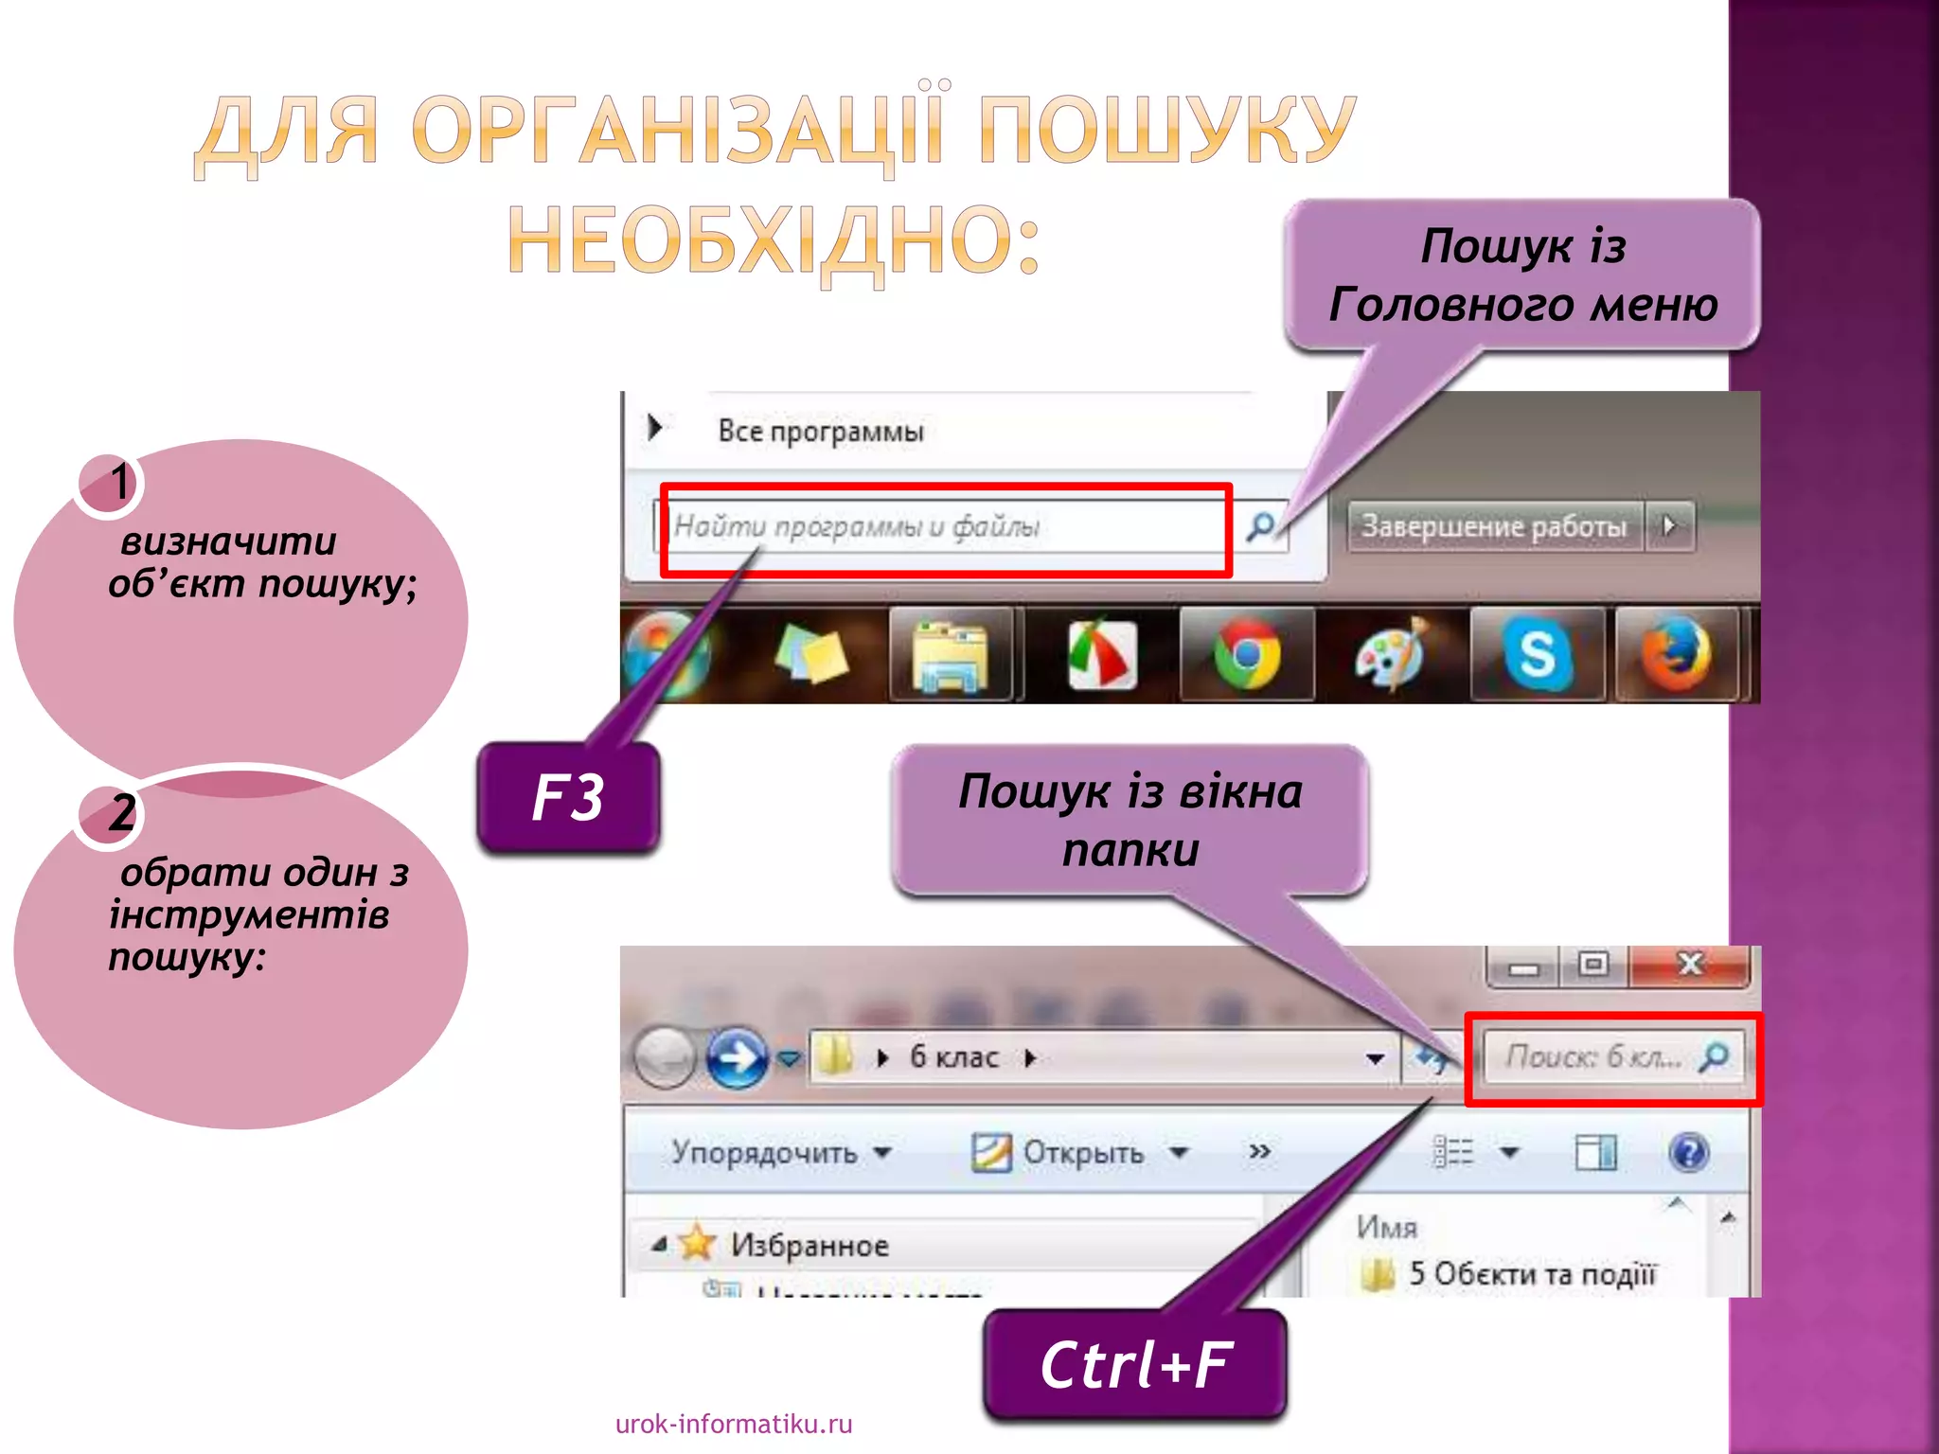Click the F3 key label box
pos(568,797)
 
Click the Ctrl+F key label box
pos(1134,1365)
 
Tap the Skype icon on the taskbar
pos(1537,654)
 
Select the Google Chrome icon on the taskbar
pos(1247,654)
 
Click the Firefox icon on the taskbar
pos(1677,654)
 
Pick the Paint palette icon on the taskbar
pos(1390,654)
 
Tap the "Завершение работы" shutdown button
pos(1493,525)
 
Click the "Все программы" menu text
pos(820,432)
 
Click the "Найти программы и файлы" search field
pos(947,526)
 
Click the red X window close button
pos(1689,965)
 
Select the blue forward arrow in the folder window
pos(737,1057)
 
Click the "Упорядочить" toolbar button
pos(780,1152)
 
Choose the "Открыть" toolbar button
pos(1081,1152)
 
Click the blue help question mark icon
pos(1688,1152)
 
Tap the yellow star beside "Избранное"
pos(697,1243)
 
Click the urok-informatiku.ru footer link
pos(734,1424)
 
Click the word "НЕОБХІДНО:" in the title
pos(774,240)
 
